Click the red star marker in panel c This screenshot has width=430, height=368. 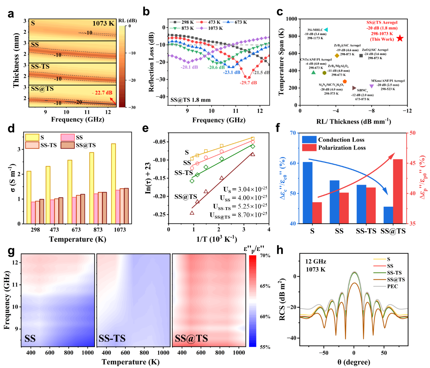point(400,38)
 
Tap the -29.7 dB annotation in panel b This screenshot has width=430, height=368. point(248,83)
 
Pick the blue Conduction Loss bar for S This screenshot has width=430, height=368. point(308,193)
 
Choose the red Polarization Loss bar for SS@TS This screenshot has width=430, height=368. point(398,191)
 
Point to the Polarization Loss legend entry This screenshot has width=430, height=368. point(341,148)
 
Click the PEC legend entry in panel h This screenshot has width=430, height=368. point(392,286)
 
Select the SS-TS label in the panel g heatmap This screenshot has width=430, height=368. point(112,339)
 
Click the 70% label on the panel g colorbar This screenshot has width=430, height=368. point(265,256)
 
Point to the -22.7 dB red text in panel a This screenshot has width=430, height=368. point(102,93)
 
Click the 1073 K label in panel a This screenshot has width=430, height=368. point(103,24)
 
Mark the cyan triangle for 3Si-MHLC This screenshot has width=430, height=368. point(326,30)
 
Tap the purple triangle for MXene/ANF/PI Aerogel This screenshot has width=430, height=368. point(372,86)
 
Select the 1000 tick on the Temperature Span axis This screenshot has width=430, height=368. point(291,19)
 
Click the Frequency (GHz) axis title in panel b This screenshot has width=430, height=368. point(219,120)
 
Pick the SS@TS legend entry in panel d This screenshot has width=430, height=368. point(85,145)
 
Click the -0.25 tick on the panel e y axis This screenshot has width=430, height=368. point(159,214)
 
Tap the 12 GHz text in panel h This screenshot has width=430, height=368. point(315,261)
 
